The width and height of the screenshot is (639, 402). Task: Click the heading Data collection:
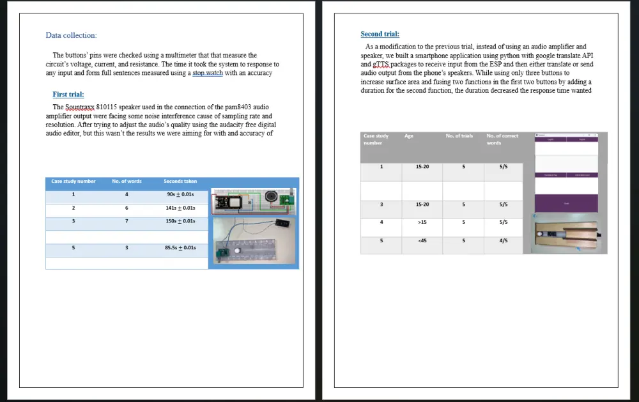(x=71, y=35)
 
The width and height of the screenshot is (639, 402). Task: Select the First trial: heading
(x=68, y=95)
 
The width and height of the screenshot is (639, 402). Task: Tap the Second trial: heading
(x=380, y=34)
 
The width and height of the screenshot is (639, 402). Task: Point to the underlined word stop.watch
(x=208, y=73)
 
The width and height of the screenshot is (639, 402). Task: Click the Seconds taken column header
(x=180, y=182)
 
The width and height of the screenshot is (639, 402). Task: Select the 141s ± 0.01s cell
(x=180, y=208)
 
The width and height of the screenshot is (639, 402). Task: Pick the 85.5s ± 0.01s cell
(x=180, y=248)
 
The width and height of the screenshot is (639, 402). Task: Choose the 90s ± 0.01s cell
(x=180, y=195)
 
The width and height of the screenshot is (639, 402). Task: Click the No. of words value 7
(x=127, y=221)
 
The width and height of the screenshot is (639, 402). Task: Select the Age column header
(x=409, y=136)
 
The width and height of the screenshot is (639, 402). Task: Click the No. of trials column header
(x=459, y=136)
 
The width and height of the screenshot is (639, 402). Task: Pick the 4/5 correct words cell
(x=504, y=241)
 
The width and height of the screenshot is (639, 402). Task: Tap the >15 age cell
(x=422, y=222)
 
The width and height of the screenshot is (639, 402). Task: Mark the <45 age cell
(x=422, y=241)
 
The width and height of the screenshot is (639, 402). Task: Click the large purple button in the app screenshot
(x=566, y=203)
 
